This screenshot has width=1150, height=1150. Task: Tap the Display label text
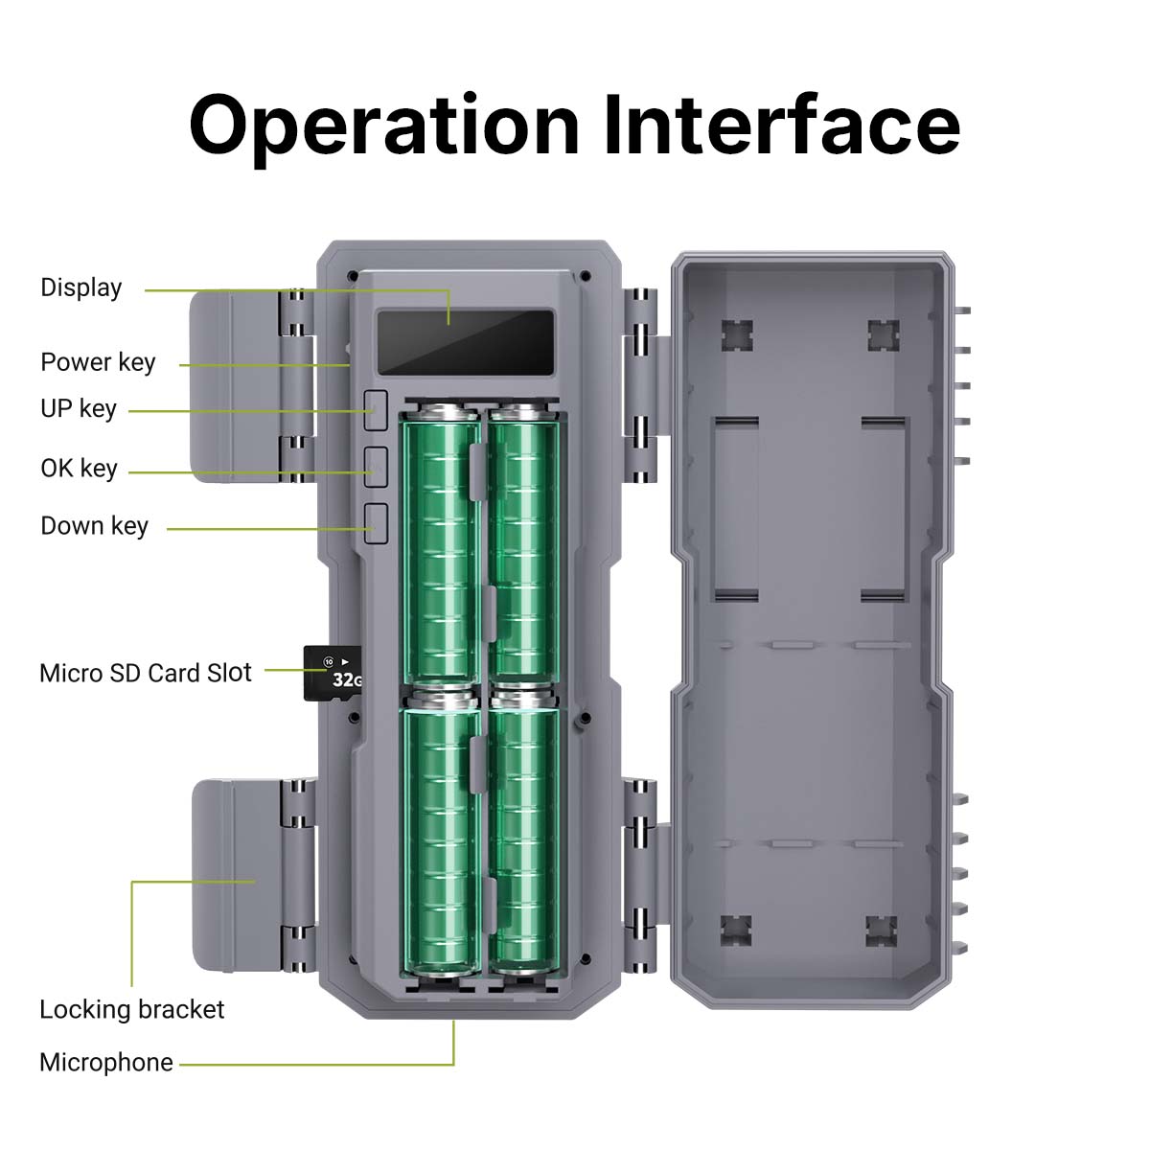pyautogui.click(x=81, y=288)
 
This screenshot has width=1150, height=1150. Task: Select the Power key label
pyautogui.click(x=98, y=362)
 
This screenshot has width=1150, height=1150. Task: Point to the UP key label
pyautogui.click(x=79, y=409)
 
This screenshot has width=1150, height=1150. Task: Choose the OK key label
pyautogui.click(x=79, y=469)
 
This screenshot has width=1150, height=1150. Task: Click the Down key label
pyautogui.click(x=94, y=526)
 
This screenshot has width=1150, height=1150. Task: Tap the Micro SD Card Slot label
pyautogui.click(x=146, y=673)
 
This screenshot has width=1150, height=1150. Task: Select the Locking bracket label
pyautogui.click(x=132, y=1009)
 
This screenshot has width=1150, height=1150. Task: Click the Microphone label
pyautogui.click(x=106, y=1062)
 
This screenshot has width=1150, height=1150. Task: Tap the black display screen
pyautogui.click(x=466, y=342)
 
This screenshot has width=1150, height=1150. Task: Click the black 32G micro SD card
pyautogui.click(x=333, y=673)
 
